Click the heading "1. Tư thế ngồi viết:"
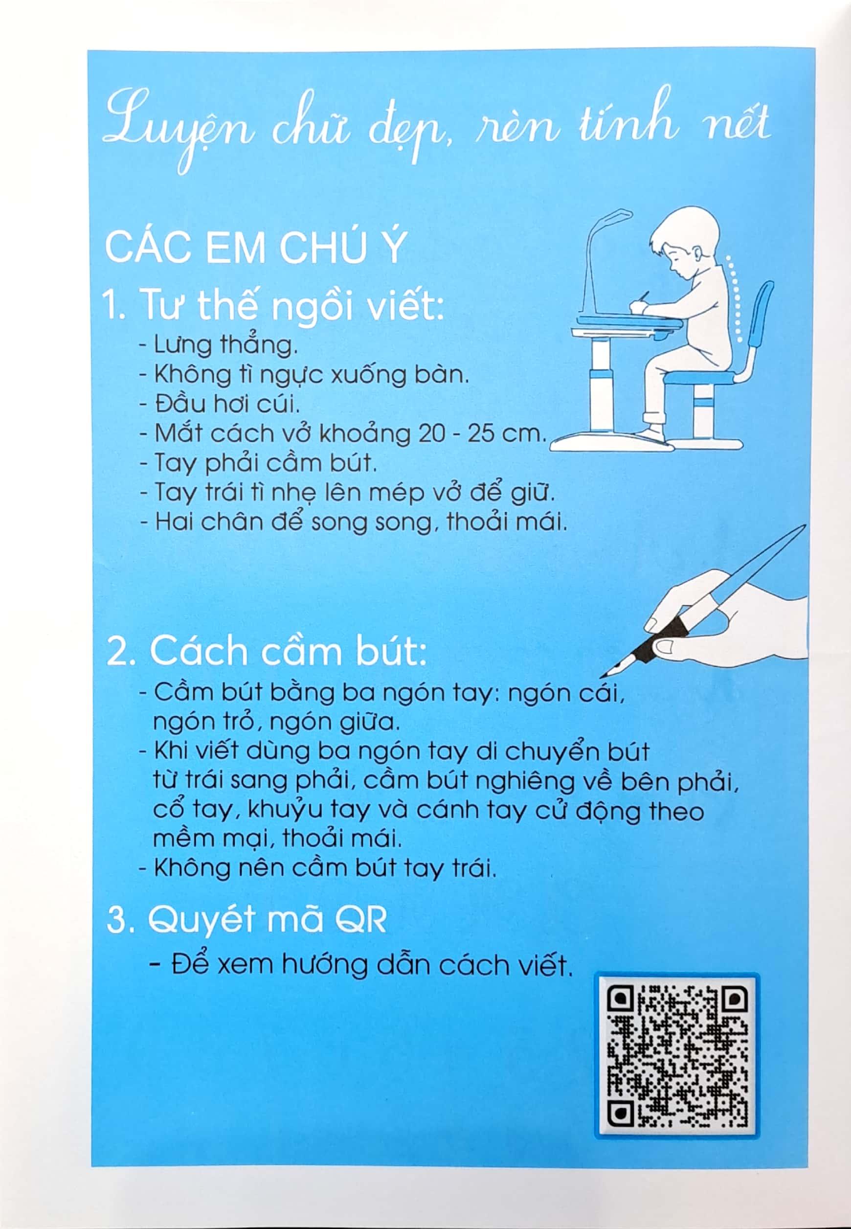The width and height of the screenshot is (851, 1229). (x=274, y=306)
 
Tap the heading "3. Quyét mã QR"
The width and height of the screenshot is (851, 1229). (x=246, y=920)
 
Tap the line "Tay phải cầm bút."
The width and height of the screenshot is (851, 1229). (x=258, y=462)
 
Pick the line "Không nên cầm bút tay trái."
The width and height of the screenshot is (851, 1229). (x=317, y=868)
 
